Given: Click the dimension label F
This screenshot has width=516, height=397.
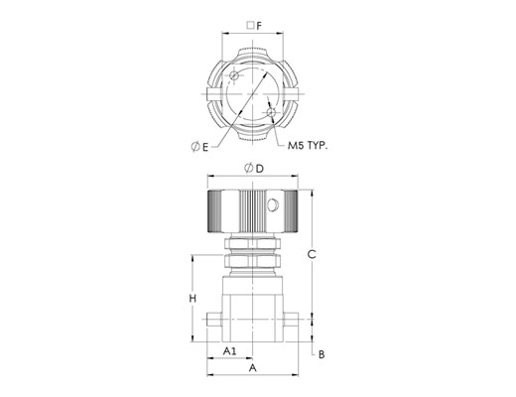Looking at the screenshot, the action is (x=259, y=26).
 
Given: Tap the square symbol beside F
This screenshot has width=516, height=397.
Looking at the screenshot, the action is (x=251, y=25).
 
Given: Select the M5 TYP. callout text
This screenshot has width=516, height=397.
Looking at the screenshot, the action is (x=308, y=146).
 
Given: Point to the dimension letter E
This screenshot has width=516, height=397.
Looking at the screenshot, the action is (x=205, y=147).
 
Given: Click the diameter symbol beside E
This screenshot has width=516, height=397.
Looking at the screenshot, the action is (x=195, y=146).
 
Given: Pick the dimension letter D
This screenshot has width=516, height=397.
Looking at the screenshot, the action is (x=260, y=169).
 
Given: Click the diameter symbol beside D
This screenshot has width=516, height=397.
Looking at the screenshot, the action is (x=249, y=168).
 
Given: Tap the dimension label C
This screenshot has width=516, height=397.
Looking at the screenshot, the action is (x=312, y=254).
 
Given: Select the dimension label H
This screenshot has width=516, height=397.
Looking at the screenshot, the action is (x=193, y=299).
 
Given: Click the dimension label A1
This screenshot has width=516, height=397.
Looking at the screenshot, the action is (x=230, y=351).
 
